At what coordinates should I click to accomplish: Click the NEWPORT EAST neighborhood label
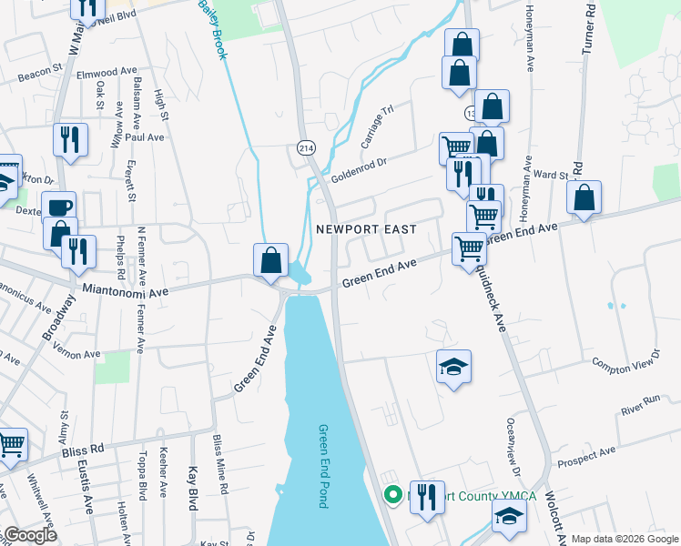tap(359, 229)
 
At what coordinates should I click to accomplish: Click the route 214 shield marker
tap(305, 147)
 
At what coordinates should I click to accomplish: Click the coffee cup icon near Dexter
tap(59, 207)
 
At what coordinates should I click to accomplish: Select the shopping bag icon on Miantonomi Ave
tap(271, 260)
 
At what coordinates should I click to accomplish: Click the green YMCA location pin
tap(393, 496)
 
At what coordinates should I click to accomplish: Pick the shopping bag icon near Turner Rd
tap(584, 197)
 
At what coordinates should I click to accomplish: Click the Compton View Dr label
tap(625, 362)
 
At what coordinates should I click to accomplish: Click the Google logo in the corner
tap(30, 535)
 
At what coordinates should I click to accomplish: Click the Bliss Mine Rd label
tap(219, 464)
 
